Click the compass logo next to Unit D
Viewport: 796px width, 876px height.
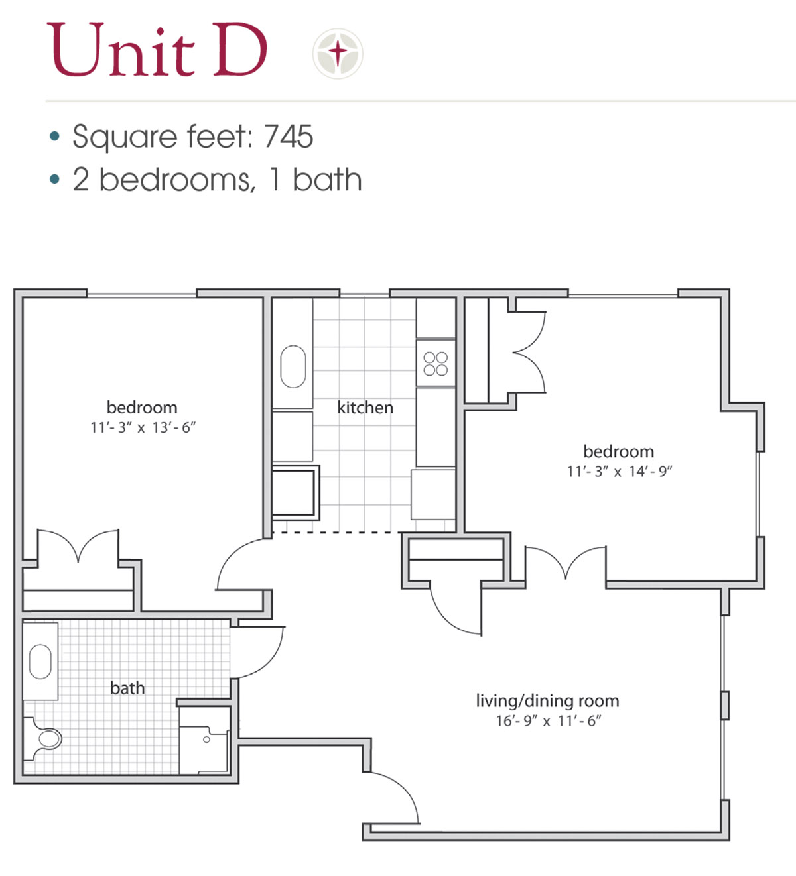[x=338, y=53]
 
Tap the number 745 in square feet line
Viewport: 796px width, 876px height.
[x=289, y=137]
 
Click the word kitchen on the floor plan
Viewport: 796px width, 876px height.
[x=365, y=408]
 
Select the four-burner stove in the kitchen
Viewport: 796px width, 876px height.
[x=435, y=364]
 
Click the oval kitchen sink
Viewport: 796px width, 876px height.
[x=293, y=366]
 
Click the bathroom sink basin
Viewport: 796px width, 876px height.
[x=40, y=662]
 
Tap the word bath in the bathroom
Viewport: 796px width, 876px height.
[x=127, y=688]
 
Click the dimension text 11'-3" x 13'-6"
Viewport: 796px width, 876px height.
[x=143, y=428]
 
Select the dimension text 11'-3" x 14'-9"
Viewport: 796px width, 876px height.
[x=620, y=472]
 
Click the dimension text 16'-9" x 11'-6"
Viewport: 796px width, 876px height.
[x=549, y=721]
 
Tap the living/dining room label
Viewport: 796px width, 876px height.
[x=547, y=700]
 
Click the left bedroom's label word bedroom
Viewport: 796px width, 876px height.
[x=142, y=407]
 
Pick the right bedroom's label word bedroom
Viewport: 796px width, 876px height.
[x=618, y=451]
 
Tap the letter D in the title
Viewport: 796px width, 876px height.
[x=240, y=50]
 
